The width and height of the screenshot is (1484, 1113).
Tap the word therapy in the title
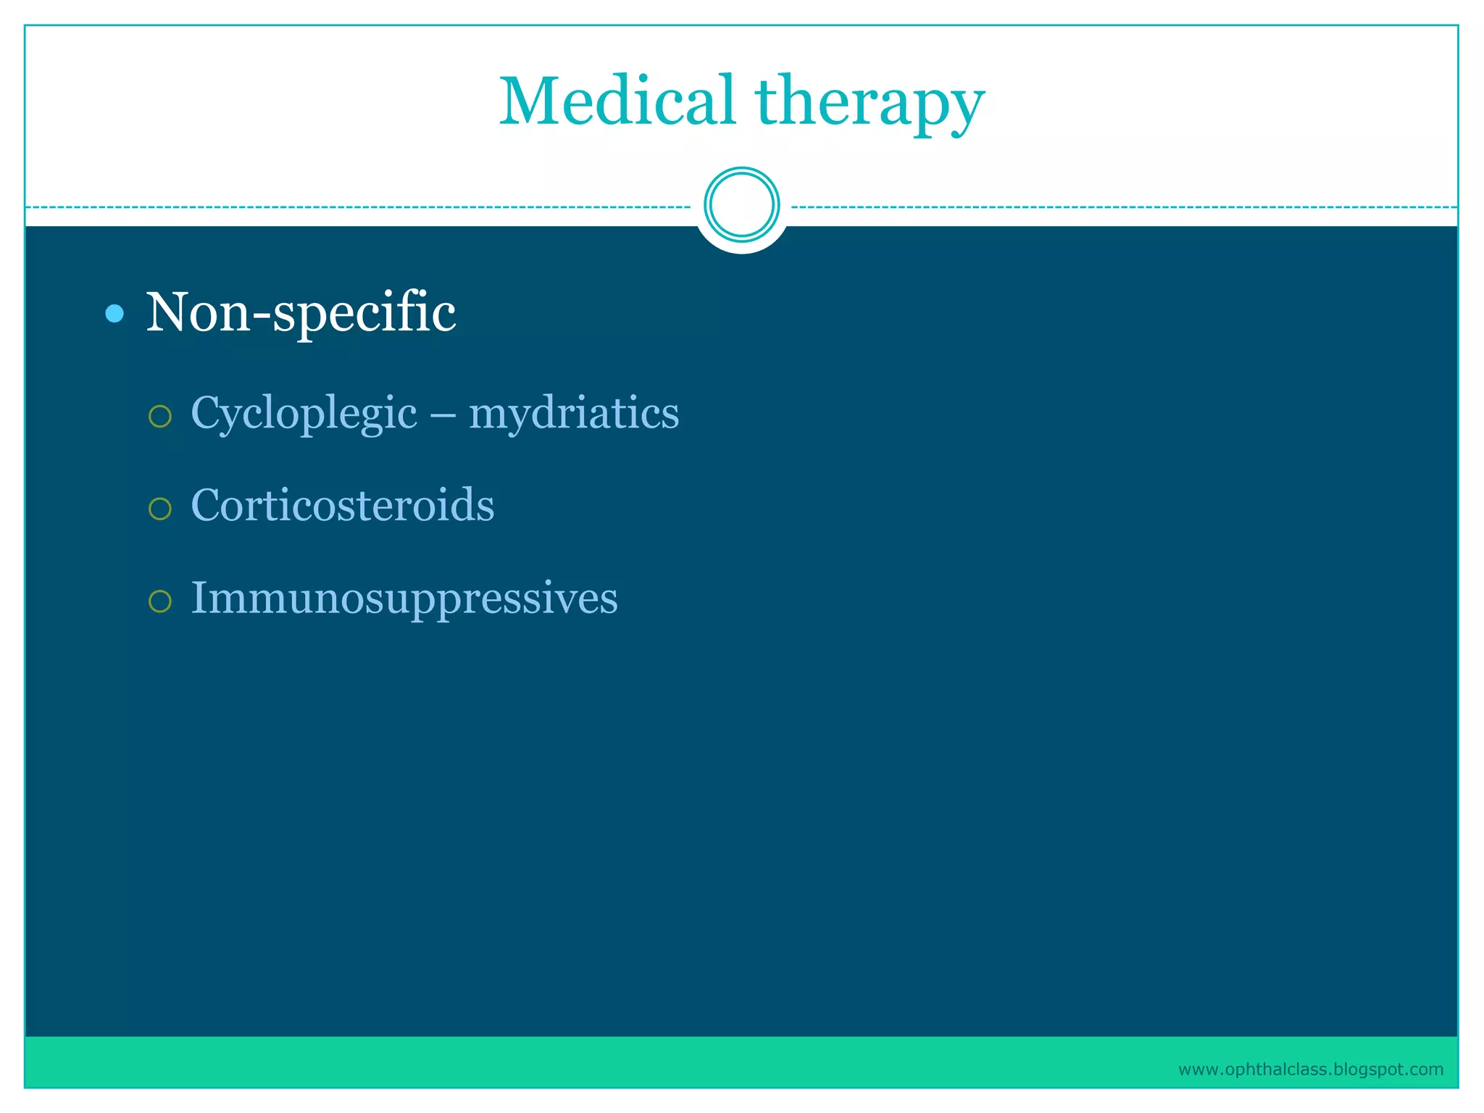(x=870, y=105)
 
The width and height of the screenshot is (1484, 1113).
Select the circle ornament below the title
(x=741, y=205)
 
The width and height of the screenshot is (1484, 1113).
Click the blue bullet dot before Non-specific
(x=114, y=314)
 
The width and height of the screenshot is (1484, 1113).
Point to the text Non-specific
(x=301, y=313)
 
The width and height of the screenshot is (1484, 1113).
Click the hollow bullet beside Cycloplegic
(x=159, y=416)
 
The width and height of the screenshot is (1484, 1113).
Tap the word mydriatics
(x=574, y=415)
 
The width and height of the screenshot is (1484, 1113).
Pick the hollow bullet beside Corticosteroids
(x=159, y=509)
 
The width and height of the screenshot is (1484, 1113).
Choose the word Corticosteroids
(x=342, y=505)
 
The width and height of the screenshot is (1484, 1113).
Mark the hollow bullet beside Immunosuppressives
(x=159, y=601)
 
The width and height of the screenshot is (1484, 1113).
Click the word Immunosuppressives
(x=404, y=599)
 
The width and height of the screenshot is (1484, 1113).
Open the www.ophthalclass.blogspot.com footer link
(x=1310, y=1070)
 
